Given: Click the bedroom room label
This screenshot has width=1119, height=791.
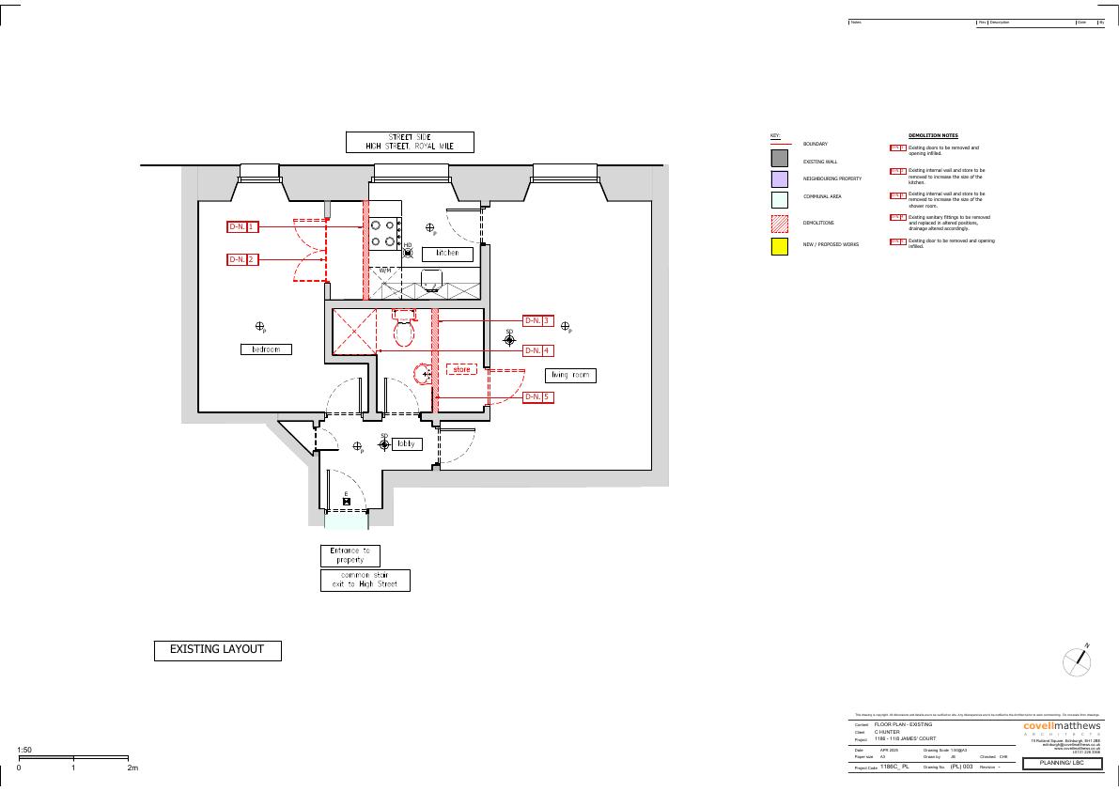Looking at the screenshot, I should pos(265,349).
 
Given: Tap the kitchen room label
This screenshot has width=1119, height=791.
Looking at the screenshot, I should pos(446,254).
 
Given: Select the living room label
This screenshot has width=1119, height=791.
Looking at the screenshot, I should pos(570,376).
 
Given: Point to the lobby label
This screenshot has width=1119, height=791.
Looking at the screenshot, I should pos(407,444).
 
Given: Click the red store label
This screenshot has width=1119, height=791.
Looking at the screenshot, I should pos(460,370).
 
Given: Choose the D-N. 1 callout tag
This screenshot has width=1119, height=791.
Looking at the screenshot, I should pos(242,227).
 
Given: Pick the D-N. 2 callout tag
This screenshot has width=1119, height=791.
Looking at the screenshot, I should pos(242,259).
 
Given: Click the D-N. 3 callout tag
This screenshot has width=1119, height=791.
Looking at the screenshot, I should pos(536,321).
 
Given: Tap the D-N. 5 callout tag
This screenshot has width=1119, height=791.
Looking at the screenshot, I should pos(536,397).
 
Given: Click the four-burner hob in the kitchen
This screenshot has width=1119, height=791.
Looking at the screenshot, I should pos(385,233).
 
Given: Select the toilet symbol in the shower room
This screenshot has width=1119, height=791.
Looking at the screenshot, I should pos(405,329).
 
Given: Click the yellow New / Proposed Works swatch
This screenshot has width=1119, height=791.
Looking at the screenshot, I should pos(779,248).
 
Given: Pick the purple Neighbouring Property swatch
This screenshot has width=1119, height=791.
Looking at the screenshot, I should pos(779,178).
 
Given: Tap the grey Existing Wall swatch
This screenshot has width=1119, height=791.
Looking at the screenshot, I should pos(779,158).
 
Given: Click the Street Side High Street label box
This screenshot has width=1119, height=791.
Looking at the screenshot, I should pos(410,142).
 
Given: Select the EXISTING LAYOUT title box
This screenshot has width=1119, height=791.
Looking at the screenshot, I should pos(217,650).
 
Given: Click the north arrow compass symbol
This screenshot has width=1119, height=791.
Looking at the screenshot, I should pos(1077,661).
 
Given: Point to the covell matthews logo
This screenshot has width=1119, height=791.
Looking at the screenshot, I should pos(1061,726).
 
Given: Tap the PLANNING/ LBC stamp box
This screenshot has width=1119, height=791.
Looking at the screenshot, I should pos(1062,764).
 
